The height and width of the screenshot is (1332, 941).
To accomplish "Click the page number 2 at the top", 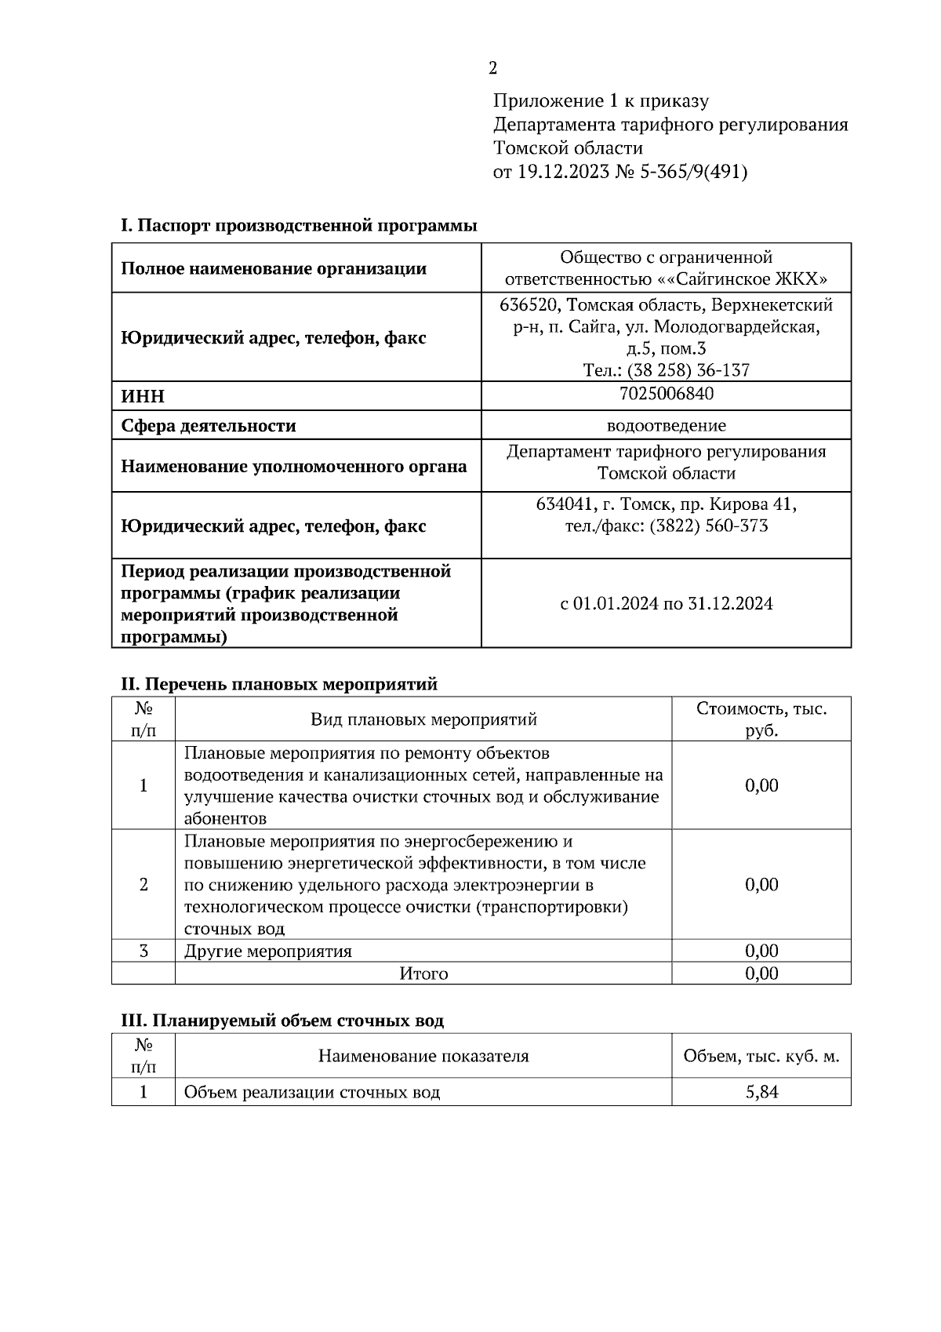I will (x=492, y=68).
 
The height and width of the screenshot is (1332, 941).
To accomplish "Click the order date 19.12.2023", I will (x=562, y=172).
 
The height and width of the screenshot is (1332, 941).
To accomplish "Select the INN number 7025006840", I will (x=666, y=394).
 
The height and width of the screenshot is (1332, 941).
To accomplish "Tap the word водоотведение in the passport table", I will (x=666, y=426).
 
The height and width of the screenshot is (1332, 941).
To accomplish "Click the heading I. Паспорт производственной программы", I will (x=299, y=226).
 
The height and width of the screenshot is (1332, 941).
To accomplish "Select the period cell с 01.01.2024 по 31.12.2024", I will (x=666, y=604).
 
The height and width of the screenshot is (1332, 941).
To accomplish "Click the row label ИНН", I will (x=143, y=397).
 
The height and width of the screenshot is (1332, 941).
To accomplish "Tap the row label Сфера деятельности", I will (x=209, y=426).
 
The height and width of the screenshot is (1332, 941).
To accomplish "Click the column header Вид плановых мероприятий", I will (x=423, y=719).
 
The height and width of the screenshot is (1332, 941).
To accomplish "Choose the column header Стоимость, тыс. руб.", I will (x=761, y=719).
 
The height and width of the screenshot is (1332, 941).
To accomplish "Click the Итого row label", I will (x=423, y=974).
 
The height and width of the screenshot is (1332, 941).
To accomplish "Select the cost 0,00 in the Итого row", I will (x=761, y=974).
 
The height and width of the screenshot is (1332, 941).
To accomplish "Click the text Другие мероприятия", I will (x=268, y=952).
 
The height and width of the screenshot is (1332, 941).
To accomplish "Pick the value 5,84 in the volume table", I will (x=761, y=1091).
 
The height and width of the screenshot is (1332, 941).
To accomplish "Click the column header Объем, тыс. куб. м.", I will (x=761, y=1056).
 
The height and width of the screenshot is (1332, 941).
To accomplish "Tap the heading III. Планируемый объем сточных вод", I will (x=282, y=1021).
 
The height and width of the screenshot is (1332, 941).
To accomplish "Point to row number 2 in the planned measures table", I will (x=144, y=885).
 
